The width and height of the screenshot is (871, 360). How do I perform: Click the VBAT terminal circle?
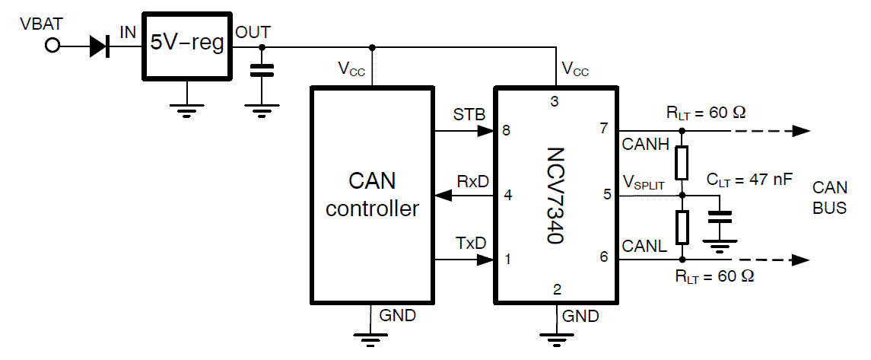coord(52,46)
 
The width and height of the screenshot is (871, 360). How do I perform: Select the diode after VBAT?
coord(99,46)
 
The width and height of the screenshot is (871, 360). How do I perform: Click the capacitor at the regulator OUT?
coord(262,70)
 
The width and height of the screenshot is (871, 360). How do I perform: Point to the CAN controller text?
coord(372,195)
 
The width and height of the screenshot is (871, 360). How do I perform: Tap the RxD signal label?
coord(472,181)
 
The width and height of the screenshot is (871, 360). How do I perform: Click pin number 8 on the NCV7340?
coord(506,130)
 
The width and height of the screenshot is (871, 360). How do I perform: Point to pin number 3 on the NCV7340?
coord(555,101)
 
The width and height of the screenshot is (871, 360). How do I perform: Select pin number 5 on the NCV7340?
coord(607,195)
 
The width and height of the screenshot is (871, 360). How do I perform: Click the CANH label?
coord(644,144)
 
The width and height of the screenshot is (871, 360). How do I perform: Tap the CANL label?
coord(644,245)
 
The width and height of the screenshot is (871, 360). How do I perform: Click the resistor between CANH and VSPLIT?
coord(682,162)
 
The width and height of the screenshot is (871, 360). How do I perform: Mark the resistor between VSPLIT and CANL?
coord(682,226)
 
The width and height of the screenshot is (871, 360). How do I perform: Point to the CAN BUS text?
coord(829,197)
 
